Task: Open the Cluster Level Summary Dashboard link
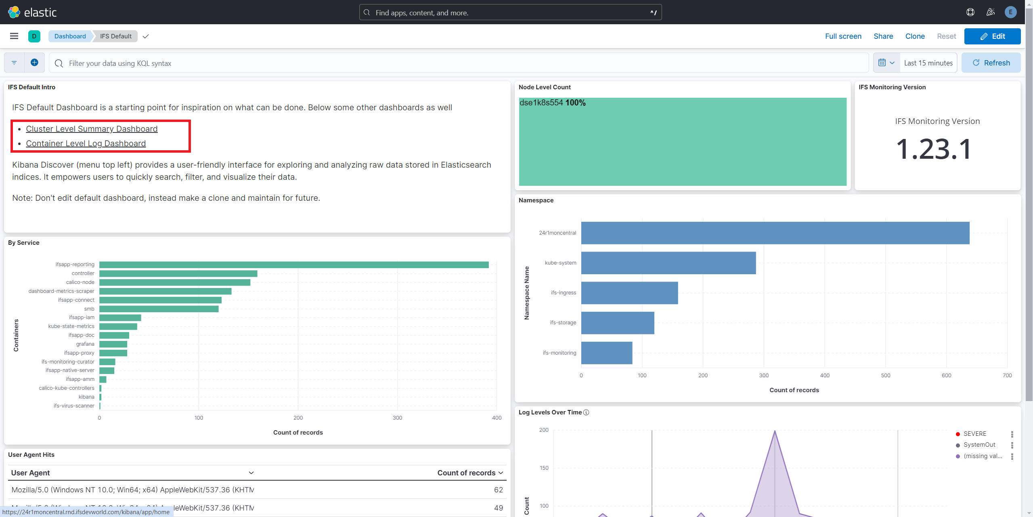[92, 129]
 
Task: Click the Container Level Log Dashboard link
[86, 143]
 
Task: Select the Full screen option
[843, 36]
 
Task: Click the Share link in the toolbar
[883, 36]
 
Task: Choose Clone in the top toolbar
[914, 36]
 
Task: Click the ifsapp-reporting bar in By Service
[293, 265]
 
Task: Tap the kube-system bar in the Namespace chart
[668, 263]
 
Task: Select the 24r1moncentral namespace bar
[775, 233]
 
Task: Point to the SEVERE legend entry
[974, 434]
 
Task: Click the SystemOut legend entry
[979, 445]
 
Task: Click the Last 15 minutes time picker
[928, 63]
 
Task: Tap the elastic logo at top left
[32, 12]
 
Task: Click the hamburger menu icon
[14, 36]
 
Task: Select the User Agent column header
[31, 473]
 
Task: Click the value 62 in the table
[498, 490]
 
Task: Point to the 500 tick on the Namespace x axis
[885, 376]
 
